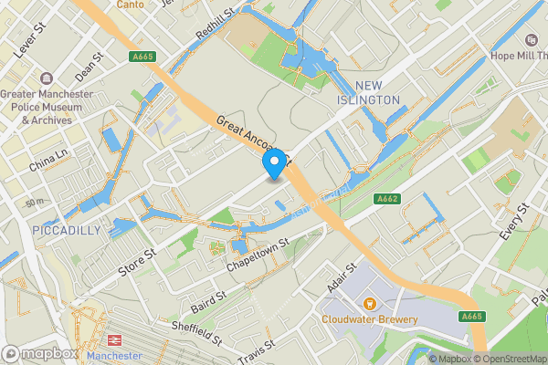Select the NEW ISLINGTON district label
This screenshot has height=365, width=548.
369,92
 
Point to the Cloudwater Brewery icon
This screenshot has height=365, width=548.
370,302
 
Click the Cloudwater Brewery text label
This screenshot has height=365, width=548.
370,319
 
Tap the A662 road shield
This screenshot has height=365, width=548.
385,198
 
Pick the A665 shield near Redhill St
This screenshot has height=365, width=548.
142,57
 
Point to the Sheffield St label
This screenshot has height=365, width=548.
196,333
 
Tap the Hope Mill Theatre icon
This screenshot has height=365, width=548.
532,41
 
